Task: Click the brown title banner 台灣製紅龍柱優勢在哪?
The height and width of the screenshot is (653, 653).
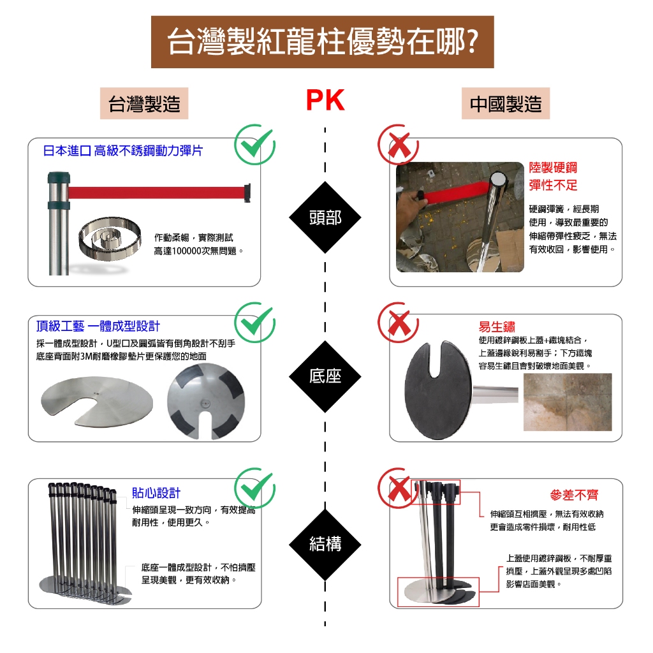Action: point(322,42)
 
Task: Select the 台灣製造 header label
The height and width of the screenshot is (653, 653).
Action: point(144,104)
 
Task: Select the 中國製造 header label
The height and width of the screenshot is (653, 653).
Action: point(505,104)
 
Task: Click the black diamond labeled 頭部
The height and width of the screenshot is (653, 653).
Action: point(325,217)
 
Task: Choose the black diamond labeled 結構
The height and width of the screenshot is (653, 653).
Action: point(325,543)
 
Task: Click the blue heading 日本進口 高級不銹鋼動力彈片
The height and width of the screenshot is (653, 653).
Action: point(123,151)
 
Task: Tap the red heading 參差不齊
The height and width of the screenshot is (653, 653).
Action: point(574,495)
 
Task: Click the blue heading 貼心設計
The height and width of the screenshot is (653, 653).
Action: point(156,492)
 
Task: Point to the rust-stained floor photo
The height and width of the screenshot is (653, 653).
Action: point(567,402)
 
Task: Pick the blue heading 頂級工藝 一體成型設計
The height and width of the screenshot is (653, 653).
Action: point(98,326)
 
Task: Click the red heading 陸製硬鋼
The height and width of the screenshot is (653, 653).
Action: point(553,168)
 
